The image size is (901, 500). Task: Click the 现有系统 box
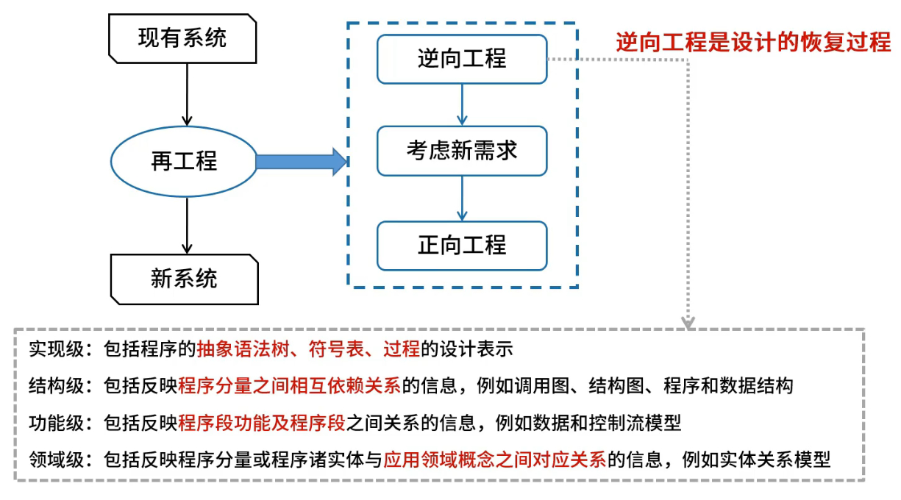click(x=182, y=39)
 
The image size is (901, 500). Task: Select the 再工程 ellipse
click(x=184, y=162)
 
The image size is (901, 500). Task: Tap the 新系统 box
click(x=184, y=279)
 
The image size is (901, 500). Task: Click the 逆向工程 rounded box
click(x=462, y=59)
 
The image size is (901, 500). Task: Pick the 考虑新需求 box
click(x=462, y=151)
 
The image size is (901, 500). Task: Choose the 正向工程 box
click(x=462, y=246)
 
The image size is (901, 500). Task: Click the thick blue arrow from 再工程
click(x=302, y=162)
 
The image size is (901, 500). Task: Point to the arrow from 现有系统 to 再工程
click(x=187, y=95)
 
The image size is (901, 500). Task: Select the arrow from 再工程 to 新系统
click(x=187, y=225)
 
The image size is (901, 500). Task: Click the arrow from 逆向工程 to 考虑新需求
click(x=462, y=104)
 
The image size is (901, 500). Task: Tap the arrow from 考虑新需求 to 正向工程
click(x=462, y=199)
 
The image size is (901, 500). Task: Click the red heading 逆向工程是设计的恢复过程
click(x=753, y=41)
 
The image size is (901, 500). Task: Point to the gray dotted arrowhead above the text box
click(x=688, y=323)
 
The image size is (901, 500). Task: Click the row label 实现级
click(x=56, y=349)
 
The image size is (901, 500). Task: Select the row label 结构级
click(x=56, y=386)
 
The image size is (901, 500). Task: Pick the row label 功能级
click(x=56, y=423)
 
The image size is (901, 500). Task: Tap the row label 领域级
click(x=56, y=460)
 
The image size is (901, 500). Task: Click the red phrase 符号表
click(x=336, y=349)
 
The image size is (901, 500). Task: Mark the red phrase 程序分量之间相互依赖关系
click(x=289, y=386)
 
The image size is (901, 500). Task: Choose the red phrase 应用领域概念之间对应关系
click(x=495, y=460)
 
